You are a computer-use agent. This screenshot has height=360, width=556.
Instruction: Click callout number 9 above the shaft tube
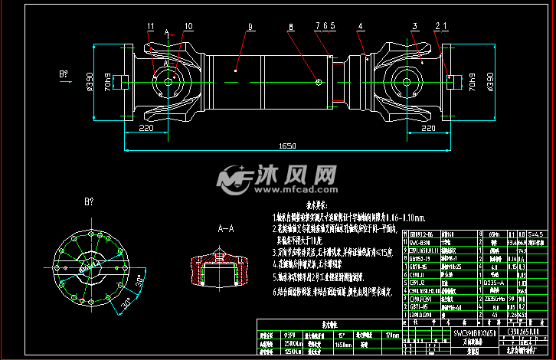coord(250,27)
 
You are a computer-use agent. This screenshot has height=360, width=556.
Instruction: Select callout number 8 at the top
coord(290,27)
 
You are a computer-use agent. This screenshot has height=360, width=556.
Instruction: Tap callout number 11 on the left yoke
coord(150,26)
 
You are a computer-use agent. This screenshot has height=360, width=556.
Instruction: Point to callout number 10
coord(188,26)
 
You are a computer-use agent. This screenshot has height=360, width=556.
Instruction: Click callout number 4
coord(360,27)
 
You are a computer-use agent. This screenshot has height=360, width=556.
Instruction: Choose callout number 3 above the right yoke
coord(414,27)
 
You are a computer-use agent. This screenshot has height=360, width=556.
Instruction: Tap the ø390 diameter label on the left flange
coord(112,80)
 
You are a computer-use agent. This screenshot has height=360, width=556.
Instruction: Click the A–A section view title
coord(225,228)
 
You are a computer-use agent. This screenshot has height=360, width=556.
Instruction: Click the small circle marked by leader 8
coord(318,80)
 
